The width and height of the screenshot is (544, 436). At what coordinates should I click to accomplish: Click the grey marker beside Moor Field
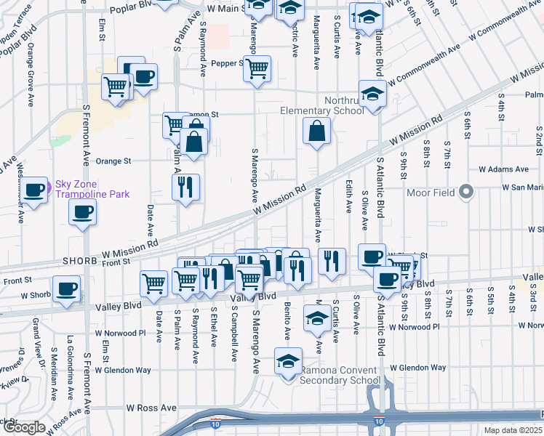point(467,192)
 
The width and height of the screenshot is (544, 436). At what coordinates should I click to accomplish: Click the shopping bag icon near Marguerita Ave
point(317,132)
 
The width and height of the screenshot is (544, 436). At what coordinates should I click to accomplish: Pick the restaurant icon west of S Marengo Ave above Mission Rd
point(185,187)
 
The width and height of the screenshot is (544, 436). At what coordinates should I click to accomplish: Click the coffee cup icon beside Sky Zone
point(33,191)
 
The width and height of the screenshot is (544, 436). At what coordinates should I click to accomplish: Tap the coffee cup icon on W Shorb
point(67,289)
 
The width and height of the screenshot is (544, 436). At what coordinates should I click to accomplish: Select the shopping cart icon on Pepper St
point(256,69)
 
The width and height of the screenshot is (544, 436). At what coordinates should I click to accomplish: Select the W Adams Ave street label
point(502,169)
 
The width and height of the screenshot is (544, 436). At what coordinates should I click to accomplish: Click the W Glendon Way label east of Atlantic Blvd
point(418,368)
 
